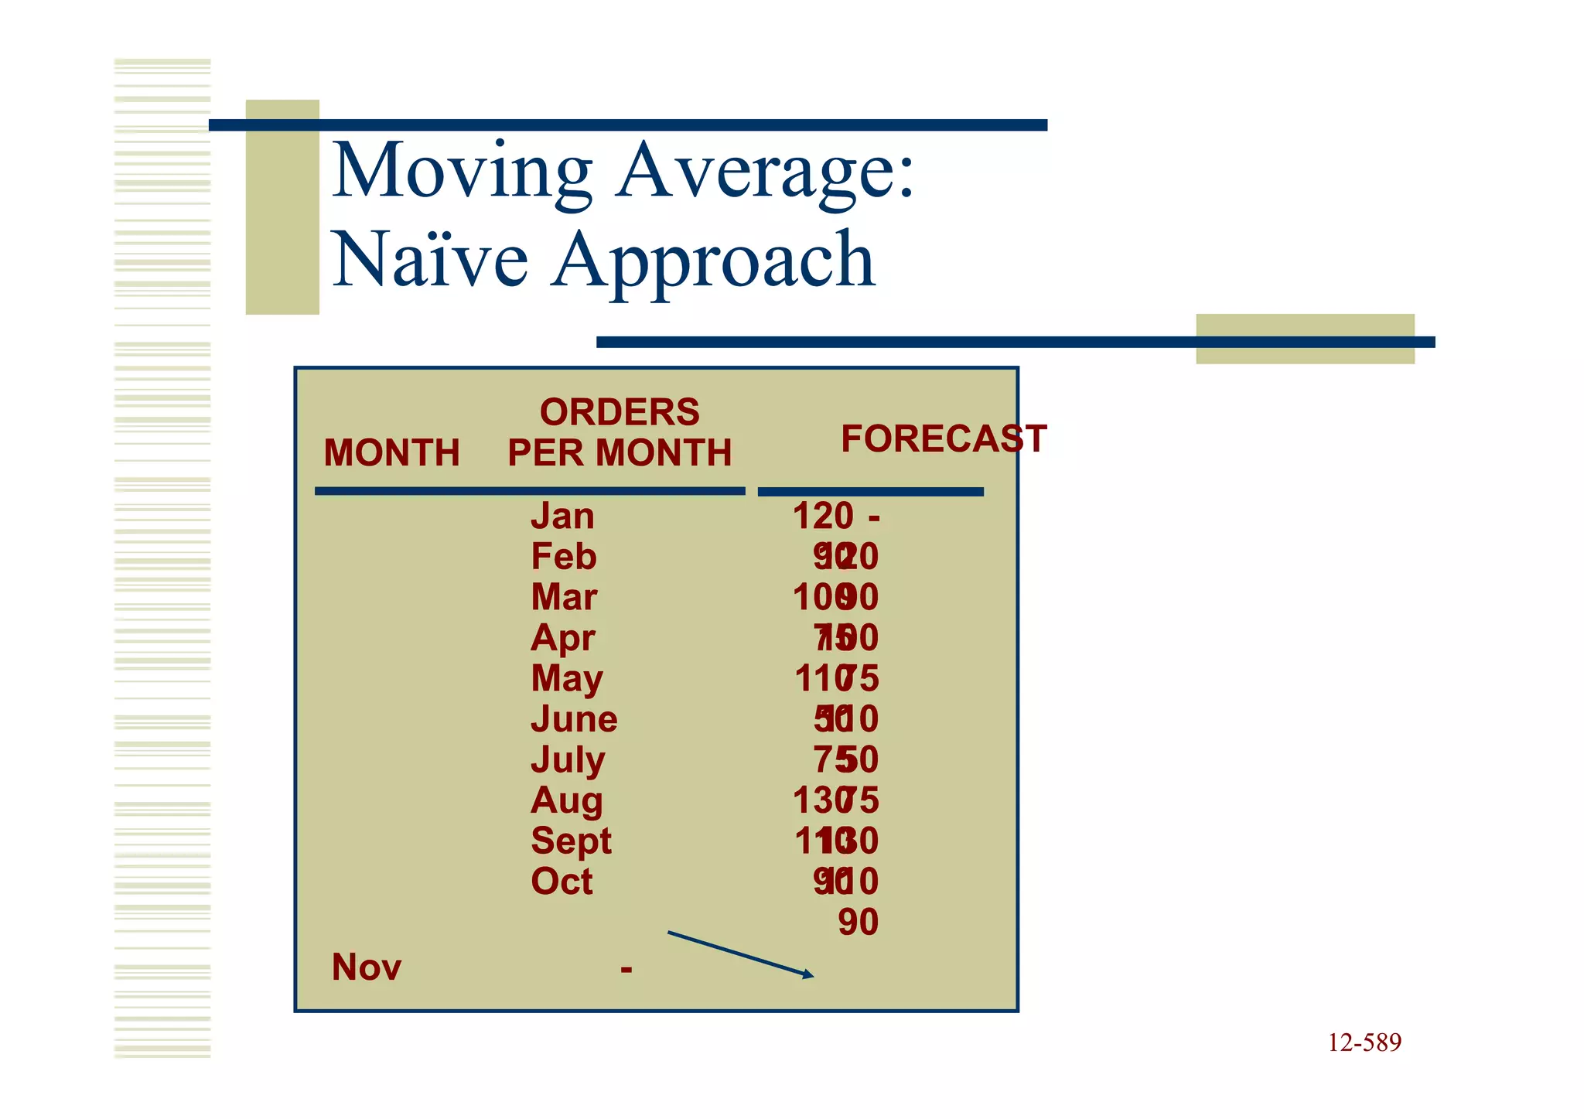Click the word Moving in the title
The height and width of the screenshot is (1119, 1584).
click(x=462, y=172)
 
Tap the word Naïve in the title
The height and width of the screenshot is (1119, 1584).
click(x=430, y=260)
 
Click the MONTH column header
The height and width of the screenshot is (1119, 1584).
click(x=391, y=452)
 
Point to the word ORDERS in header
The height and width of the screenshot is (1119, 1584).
click(x=619, y=412)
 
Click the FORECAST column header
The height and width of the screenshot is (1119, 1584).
click(x=944, y=438)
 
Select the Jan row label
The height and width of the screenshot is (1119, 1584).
click(x=562, y=516)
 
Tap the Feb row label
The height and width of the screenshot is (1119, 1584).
click(x=563, y=557)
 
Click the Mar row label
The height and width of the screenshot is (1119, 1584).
click(x=564, y=597)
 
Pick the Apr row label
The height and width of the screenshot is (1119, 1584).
click(x=562, y=639)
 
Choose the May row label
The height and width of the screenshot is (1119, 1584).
click(x=566, y=679)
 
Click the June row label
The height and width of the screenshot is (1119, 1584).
click(x=574, y=719)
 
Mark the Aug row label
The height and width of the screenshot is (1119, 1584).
click(x=566, y=800)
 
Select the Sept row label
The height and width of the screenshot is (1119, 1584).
click(x=571, y=841)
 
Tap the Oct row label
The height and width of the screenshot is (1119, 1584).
click(x=562, y=882)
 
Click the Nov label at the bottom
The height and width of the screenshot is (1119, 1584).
click(x=366, y=967)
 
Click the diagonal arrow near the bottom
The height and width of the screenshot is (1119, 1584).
click(x=740, y=954)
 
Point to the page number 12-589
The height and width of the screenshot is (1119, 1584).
click(x=1364, y=1042)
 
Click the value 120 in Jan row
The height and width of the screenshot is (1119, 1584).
click(x=823, y=516)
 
